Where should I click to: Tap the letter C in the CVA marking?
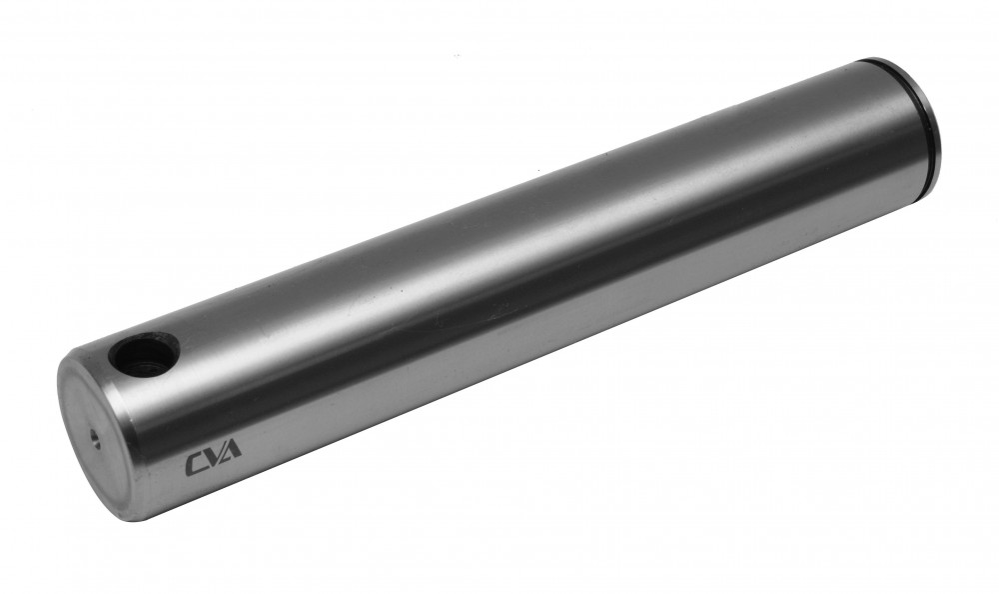[194, 464]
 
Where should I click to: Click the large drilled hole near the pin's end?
[143, 352]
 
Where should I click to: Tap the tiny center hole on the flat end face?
[94, 438]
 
